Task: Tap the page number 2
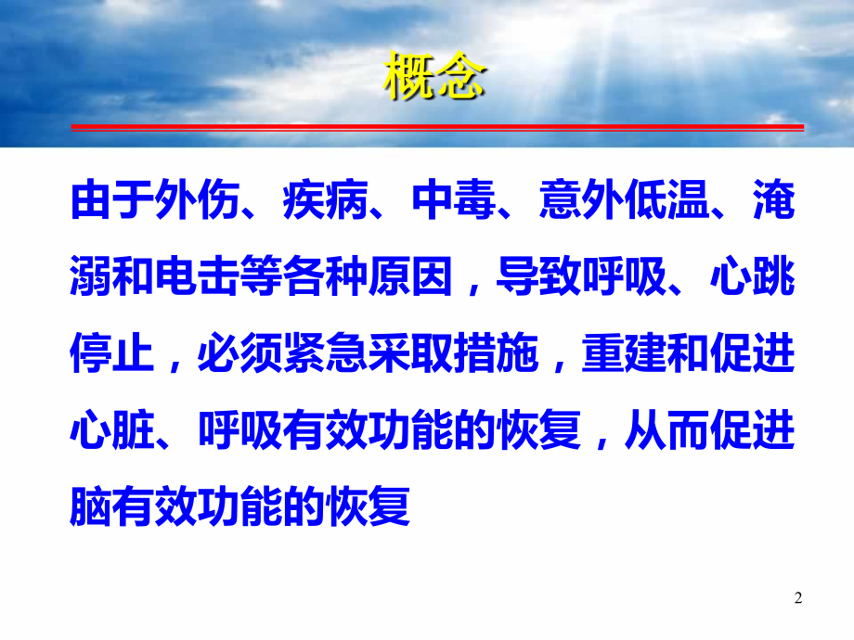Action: coord(797,599)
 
